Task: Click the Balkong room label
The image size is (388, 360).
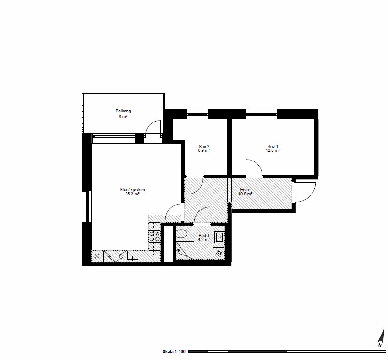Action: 123,111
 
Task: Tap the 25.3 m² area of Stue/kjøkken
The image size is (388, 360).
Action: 132,194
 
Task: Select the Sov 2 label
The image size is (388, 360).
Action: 204,147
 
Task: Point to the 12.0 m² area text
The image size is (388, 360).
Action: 273,150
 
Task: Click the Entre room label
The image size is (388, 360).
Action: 245,190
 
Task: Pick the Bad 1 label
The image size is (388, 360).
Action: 204,235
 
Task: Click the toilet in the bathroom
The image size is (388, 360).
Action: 182,233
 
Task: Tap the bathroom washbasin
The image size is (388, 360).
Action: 219,237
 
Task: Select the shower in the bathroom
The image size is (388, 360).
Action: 185,250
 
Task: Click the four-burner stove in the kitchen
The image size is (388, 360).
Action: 154,236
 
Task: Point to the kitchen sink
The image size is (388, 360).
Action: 133,256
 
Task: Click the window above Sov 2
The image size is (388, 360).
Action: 197,115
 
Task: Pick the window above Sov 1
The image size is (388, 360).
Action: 261,115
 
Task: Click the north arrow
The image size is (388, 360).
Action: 382,338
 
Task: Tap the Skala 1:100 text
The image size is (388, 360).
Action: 174,352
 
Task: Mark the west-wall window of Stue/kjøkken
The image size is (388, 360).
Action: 87,207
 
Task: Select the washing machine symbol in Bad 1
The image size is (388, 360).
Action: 219,254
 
